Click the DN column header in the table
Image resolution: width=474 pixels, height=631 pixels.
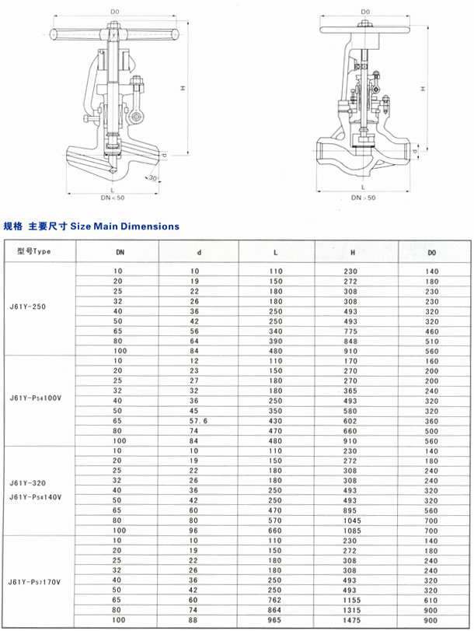tap(120, 252)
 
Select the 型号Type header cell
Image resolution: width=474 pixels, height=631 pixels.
tap(33, 251)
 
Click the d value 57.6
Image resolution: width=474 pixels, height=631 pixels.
tap(199, 419)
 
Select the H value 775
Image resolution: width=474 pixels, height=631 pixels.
tap(354, 329)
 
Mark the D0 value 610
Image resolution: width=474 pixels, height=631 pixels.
tap(433, 601)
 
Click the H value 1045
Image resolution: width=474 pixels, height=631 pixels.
tap(354, 521)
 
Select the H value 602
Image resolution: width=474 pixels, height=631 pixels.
tap(354, 419)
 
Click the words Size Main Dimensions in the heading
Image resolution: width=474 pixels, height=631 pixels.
tap(124, 226)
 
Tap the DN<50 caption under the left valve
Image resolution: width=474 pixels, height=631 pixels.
tap(112, 198)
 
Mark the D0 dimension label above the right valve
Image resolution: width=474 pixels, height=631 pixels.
tap(365, 12)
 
